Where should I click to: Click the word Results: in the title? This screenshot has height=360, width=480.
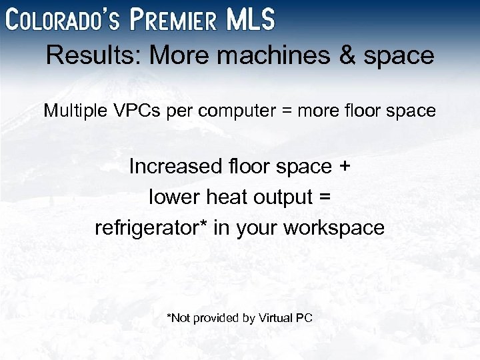tap(95, 56)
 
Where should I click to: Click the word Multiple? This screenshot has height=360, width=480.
tap(72, 110)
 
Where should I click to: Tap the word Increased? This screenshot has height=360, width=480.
tap(173, 166)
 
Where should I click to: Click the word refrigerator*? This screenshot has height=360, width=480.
tap(152, 228)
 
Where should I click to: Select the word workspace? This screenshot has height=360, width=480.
tap(334, 229)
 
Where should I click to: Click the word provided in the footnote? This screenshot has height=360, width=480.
tap(215, 318)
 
